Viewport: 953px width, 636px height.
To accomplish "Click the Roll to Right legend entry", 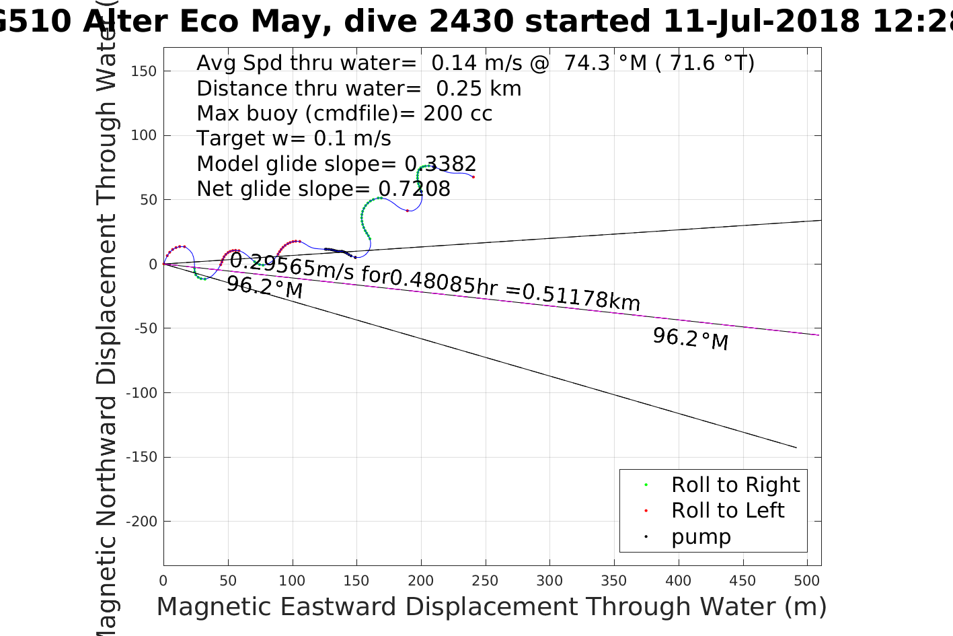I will [x=735, y=485].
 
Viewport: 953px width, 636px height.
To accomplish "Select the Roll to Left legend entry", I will [x=727, y=510].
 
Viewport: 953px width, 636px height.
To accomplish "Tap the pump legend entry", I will [x=700, y=536].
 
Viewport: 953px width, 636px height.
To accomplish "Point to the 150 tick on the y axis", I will [x=143, y=71].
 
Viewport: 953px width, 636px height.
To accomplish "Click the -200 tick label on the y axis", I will [x=139, y=522].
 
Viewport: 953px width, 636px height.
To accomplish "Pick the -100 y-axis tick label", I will [x=139, y=392].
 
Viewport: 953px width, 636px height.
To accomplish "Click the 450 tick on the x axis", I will [x=742, y=581].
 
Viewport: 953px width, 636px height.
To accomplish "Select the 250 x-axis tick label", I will [x=485, y=581].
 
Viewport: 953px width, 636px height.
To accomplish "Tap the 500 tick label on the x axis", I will [x=806, y=581].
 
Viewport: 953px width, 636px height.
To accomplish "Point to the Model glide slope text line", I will [x=336, y=164].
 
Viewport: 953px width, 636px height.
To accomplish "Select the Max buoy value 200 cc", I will [x=457, y=113].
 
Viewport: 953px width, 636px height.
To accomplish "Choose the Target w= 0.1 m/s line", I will [x=293, y=139].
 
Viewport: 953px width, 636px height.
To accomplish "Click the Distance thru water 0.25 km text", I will [x=358, y=88].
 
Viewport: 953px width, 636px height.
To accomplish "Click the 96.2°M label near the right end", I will [x=690, y=338].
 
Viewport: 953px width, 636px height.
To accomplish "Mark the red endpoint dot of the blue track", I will [x=473, y=177].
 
